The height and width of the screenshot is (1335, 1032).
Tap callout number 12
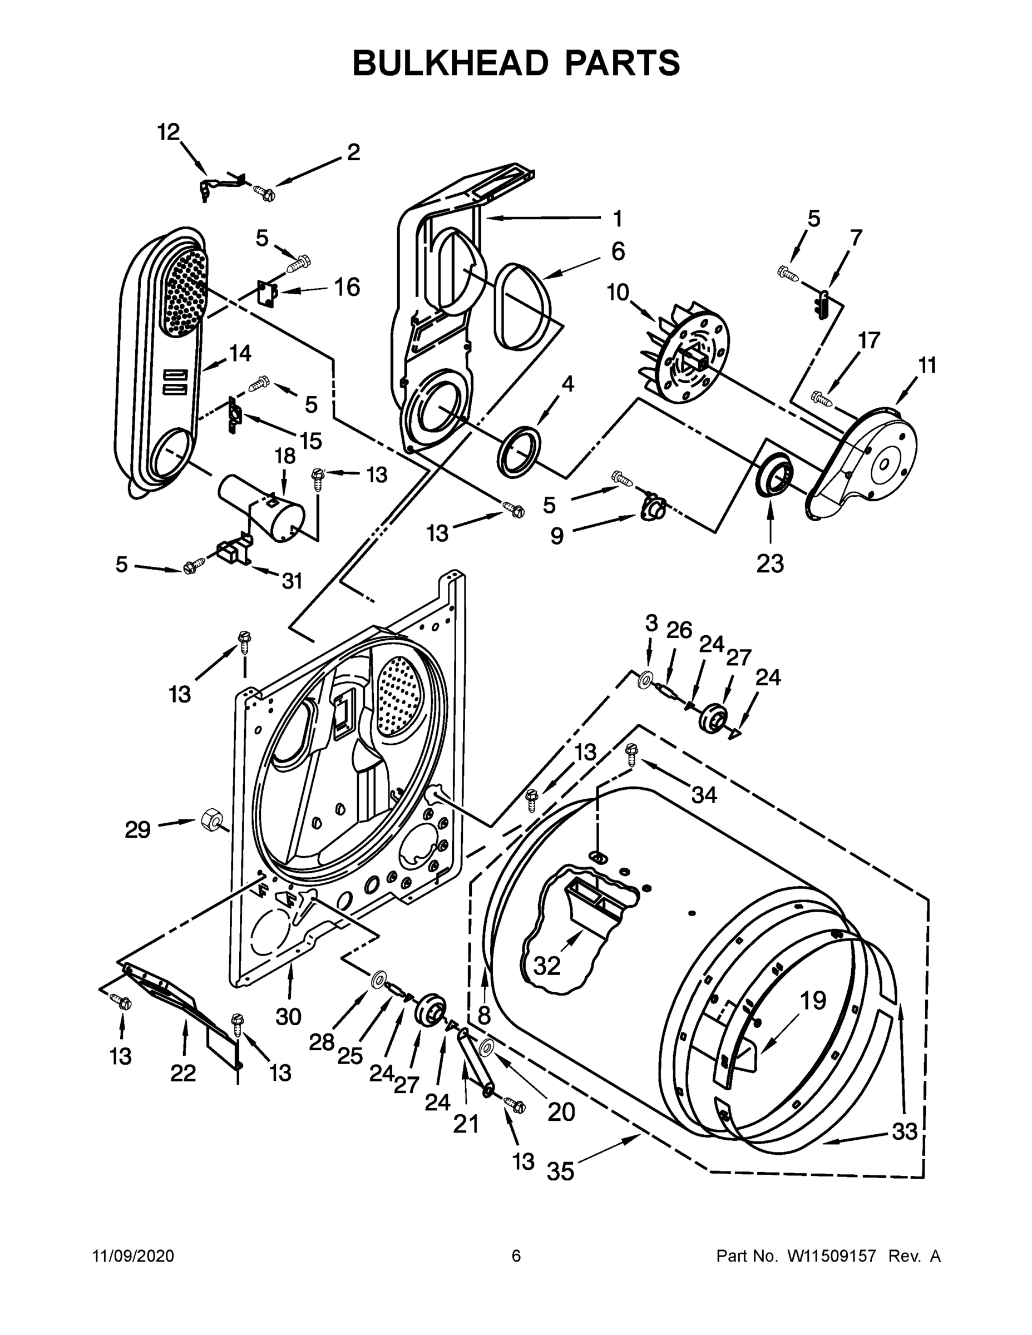[x=169, y=131]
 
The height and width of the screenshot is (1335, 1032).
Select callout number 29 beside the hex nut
[x=138, y=829]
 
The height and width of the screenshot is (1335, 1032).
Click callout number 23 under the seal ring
[x=770, y=563]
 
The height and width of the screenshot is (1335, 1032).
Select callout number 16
[x=347, y=286]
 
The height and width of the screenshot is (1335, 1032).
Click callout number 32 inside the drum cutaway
[x=546, y=965]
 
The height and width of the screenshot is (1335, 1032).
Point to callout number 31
[x=292, y=581]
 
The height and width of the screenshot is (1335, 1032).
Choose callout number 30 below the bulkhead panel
[x=289, y=1016]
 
